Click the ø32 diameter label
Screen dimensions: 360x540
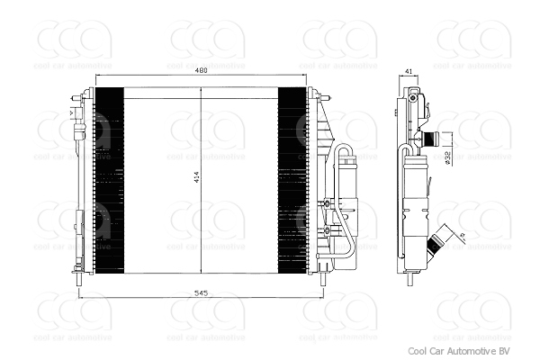tap(447, 157)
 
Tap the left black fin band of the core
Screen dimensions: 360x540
tap(108, 178)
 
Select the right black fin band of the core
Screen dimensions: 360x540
tap(292, 178)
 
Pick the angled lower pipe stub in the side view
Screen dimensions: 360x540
tap(440, 240)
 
